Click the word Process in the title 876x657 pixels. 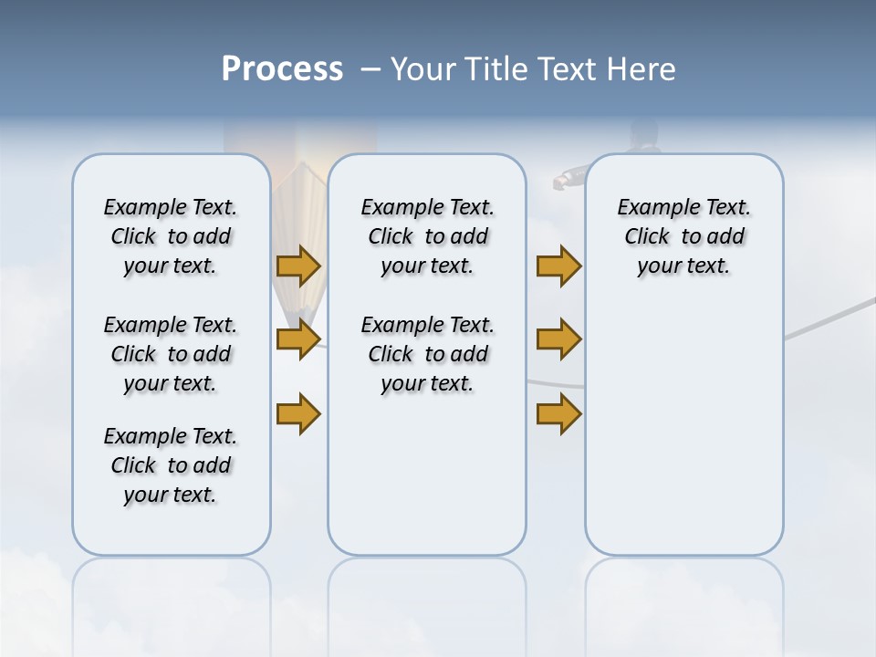pos(282,69)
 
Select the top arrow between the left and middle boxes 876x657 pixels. pos(298,266)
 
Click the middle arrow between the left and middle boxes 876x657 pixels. pos(298,339)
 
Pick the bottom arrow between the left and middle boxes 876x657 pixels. pos(298,413)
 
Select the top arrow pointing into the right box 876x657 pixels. pos(558,266)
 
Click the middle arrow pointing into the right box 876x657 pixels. pos(558,339)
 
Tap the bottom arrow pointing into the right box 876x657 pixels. pos(558,413)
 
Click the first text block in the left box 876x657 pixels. pos(171,236)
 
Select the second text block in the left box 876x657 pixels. pos(171,354)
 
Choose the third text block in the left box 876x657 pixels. pos(171,465)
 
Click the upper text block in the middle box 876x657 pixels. pos(427,236)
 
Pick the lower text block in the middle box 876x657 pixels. pos(427,354)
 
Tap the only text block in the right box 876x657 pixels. pos(683,236)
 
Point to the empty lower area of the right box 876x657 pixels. pos(683,438)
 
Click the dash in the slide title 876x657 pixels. pos(370,69)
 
